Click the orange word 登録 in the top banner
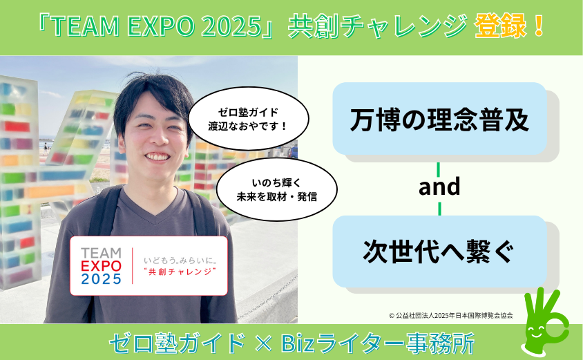pyautogui.click(x=500, y=26)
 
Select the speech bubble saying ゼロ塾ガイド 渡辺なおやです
pyautogui.click(x=249, y=119)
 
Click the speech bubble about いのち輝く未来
pyautogui.click(x=276, y=189)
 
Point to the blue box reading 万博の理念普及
pyautogui.click(x=439, y=119)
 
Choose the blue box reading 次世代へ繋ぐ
pyautogui.click(x=439, y=252)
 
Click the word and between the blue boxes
pyautogui.click(x=439, y=187)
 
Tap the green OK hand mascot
pyautogui.click(x=545, y=322)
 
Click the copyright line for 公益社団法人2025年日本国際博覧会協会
pyautogui.click(x=451, y=315)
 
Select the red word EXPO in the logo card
pyautogui.click(x=101, y=266)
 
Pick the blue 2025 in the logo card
pyautogui.click(x=101, y=279)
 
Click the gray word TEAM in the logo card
pyautogui.click(x=101, y=254)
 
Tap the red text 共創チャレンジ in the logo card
pyautogui.click(x=180, y=272)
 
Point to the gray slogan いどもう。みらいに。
pyautogui.click(x=180, y=260)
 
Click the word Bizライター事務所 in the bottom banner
pyautogui.click(x=377, y=343)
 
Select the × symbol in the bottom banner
pyautogui.click(x=264, y=343)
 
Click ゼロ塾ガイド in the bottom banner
pyautogui.click(x=177, y=343)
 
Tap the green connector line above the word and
pyautogui.click(x=439, y=169)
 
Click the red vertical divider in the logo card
pyautogui.click(x=133, y=266)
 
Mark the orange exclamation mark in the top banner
pyautogui.click(x=538, y=26)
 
